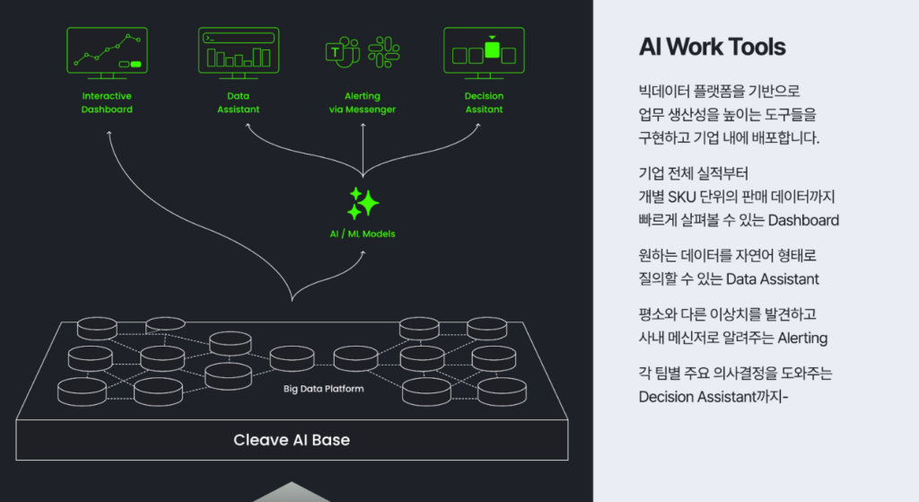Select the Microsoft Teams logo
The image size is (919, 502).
point(342,52)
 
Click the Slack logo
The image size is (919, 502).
point(383,52)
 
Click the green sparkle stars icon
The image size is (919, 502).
point(363,203)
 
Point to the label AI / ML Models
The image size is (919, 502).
point(363,234)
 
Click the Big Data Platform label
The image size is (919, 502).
point(323,389)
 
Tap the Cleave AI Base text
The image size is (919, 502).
point(292,440)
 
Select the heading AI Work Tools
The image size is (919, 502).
point(712,48)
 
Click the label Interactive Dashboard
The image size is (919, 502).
point(107,102)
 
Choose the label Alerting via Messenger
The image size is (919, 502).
point(363,102)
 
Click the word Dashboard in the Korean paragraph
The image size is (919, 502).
point(803,220)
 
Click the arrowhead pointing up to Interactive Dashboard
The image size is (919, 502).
point(109,133)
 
